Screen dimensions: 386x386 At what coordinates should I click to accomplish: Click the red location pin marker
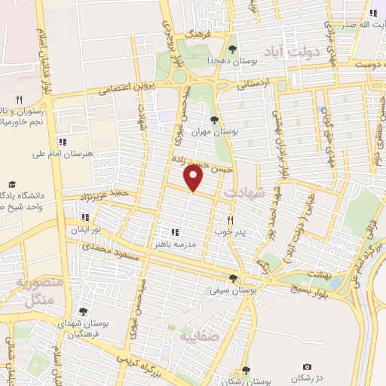click(194, 179)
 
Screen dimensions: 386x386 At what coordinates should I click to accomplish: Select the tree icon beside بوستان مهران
click(215, 119)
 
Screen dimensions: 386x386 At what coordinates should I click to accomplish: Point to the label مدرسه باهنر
click(195, 244)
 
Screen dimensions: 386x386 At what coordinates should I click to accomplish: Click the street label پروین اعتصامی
click(124, 87)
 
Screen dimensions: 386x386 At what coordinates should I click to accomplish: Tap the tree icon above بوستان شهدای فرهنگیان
click(82, 311)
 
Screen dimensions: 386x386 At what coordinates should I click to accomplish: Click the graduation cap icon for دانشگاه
click(12, 184)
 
